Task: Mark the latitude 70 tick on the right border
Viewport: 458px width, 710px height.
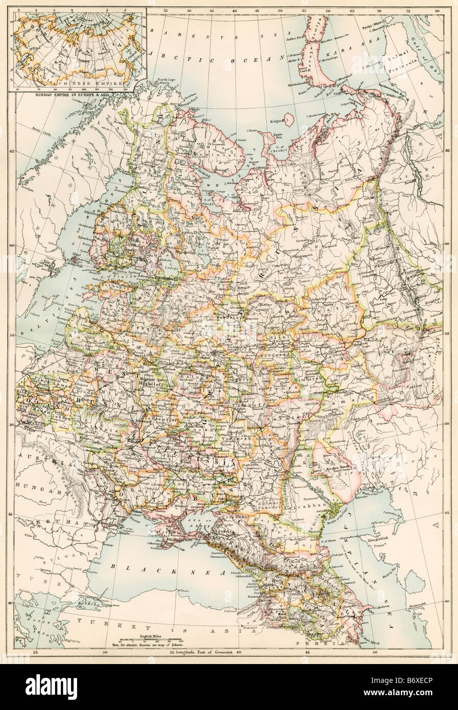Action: pyautogui.click(x=447, y=52)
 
